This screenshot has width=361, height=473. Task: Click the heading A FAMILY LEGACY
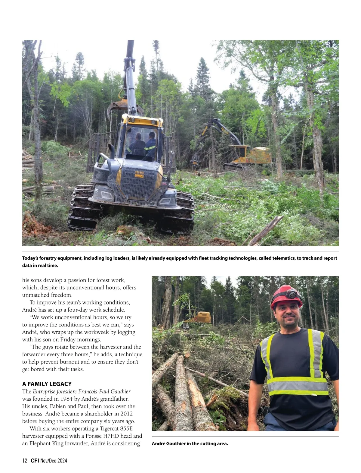click(47, 384)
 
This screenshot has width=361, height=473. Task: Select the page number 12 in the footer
click(25, 460)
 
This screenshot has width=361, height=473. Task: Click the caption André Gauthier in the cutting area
click(190, 443)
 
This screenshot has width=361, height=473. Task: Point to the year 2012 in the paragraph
click(126, 414)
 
